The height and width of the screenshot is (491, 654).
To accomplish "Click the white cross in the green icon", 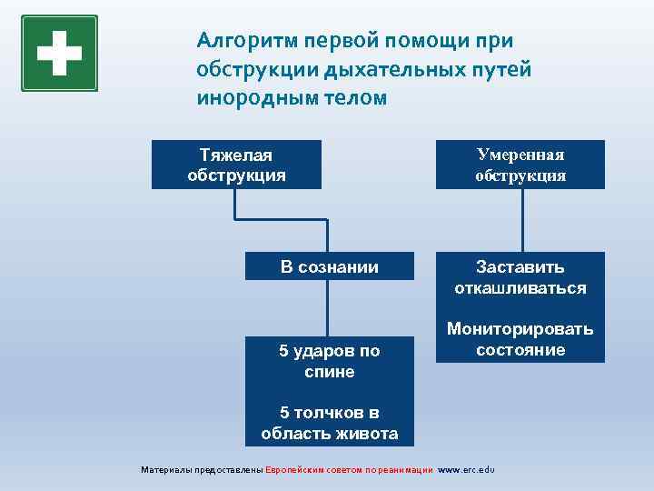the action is pos(59,52).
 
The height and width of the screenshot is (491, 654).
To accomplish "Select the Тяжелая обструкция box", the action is pos(236,165).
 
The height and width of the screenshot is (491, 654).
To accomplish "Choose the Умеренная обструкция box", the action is pos(520,165).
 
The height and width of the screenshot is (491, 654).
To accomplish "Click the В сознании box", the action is pos(329,266).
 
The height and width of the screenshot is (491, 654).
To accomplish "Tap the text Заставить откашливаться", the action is pos(520,277).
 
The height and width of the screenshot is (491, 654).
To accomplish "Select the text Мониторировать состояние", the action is pos(520,339).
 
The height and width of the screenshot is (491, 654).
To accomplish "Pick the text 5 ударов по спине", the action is pos(329,361).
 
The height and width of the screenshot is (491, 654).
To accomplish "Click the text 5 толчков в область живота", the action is pos(329,423).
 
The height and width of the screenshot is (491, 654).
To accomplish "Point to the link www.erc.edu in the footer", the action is pos(466,470).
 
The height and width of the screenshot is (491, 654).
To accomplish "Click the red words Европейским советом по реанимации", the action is pos(350,470).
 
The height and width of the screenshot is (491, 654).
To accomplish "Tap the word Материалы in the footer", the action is pos(166,470).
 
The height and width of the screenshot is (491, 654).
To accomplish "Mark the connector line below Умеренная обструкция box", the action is pos(522,220).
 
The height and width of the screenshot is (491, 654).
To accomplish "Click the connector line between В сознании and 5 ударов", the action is pos(329,307).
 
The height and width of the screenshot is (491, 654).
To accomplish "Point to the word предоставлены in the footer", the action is pos(228,470).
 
